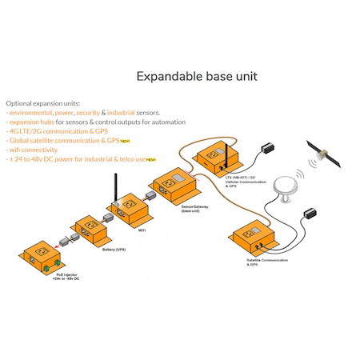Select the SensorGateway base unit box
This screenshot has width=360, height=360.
tap(174, 186)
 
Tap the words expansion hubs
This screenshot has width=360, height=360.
tap(29, 122)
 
